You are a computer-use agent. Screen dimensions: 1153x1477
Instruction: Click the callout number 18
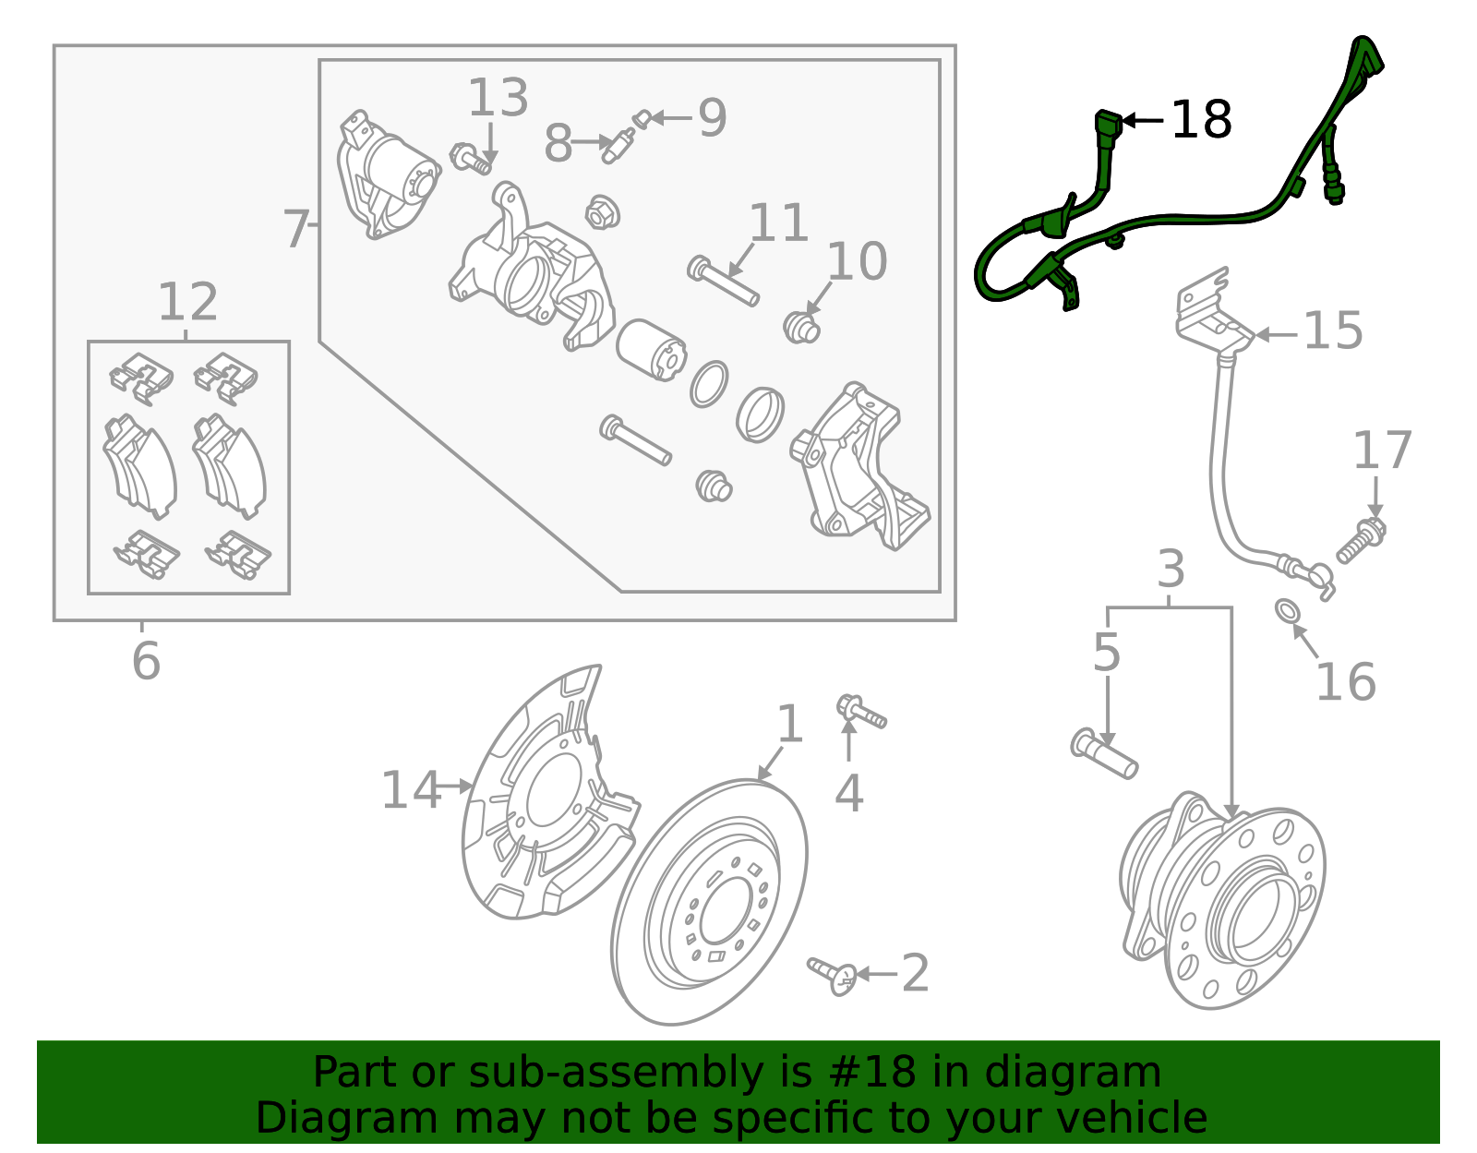coord(1201,120)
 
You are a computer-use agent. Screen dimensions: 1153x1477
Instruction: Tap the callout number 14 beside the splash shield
coord(411,790)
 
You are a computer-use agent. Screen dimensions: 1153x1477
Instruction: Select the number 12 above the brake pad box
coord(187,302)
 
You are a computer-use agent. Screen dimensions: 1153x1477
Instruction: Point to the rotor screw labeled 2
coord(832,975)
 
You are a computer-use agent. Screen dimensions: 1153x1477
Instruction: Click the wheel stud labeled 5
coord(1104,753)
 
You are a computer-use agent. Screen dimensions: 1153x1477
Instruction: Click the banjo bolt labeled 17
coord(1362,541)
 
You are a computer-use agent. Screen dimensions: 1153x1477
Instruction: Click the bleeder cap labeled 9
coord(642,118)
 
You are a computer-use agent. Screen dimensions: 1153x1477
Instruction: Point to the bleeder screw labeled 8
coord(617,147)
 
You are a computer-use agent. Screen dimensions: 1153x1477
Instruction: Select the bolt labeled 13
coord(471,159)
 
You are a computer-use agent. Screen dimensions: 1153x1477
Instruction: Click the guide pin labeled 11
coord(724,282)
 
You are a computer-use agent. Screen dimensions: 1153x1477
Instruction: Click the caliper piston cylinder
coord(650,351)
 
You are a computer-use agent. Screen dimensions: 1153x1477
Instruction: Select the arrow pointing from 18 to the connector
coord(1143,120)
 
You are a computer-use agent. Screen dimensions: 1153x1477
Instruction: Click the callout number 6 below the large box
coord(146,661)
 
